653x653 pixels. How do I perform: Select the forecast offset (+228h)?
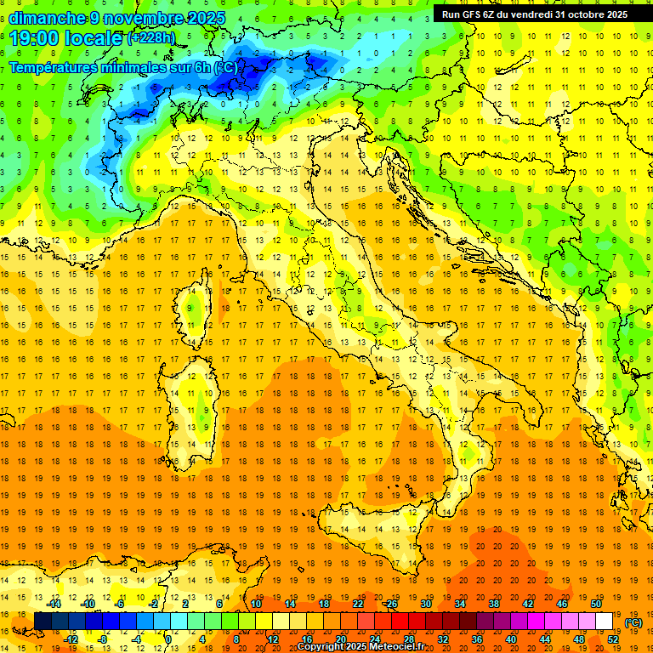click(x=151, y=38)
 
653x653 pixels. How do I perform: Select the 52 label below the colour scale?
click(x=612, y=639)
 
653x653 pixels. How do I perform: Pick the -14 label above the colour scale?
click(x=54, y=603)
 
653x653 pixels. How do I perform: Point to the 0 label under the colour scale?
click(x=169, y=639)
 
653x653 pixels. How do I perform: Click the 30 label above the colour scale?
click(x=426, y=603)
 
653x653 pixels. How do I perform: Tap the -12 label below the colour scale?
click(x=71, y=639)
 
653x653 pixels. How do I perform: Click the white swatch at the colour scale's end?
click(x=604, y=622)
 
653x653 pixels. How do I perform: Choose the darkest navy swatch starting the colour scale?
click(x=43, y=622)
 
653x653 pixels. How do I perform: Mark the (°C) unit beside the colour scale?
click(x=633, y=622)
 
